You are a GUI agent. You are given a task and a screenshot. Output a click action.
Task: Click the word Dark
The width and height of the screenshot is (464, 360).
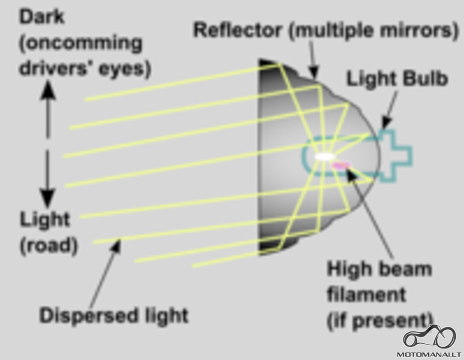point(42,17)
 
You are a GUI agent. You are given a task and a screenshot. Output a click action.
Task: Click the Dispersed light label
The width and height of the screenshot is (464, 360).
point(114,315)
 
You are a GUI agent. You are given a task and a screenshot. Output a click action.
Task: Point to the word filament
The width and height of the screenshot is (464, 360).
point(366,294)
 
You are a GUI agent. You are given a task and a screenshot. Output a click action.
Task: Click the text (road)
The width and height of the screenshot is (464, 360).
point(49,246)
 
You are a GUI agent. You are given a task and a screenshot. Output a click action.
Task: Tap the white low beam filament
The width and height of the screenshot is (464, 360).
point(325,157)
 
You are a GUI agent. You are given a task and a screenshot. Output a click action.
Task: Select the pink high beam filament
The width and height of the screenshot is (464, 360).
point(341,165)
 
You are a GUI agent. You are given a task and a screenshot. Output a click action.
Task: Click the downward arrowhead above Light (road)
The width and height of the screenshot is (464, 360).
point(47,198)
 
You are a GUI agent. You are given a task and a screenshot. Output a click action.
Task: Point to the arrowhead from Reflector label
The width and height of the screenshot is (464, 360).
point(314,73)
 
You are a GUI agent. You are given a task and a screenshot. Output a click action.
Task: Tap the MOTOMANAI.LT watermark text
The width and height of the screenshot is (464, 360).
point(429,354)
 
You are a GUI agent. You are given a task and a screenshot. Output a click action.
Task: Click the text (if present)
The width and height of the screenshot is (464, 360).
point(380,320)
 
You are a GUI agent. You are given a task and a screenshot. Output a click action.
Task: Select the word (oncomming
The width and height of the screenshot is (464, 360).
point(81,44)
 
